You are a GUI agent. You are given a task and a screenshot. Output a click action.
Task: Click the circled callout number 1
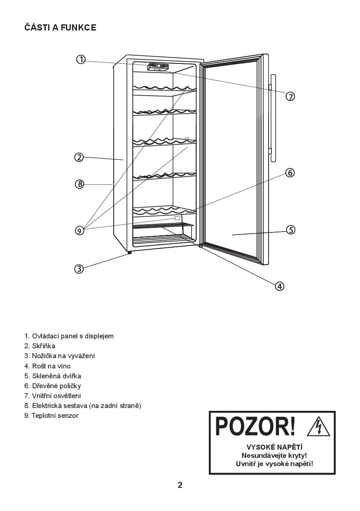[81, 59]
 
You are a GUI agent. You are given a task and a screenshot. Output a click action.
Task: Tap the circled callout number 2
[79, 157]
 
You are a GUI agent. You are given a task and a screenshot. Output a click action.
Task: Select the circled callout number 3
[79, 269]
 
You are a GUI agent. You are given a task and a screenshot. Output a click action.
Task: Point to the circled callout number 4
[279, 286]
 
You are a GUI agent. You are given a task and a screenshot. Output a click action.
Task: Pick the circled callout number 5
[291, 230]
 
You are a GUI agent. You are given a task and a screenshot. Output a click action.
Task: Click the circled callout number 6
[290, 173]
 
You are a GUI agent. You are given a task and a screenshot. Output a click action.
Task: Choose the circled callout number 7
[290, 96]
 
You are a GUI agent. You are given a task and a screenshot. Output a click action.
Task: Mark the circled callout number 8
[79, 184]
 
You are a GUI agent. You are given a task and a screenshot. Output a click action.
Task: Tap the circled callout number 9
[79, 230]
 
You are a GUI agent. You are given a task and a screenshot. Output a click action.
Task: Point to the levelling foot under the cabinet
[129, 253]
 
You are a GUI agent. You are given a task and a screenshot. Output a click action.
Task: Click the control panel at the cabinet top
[158, 67]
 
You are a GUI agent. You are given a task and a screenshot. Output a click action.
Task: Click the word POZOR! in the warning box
[255, 427]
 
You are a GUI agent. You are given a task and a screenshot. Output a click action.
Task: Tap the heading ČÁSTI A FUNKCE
[60, 28]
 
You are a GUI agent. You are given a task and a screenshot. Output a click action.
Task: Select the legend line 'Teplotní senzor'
[51, 415]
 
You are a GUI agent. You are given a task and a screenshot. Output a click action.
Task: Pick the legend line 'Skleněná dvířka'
[52, 376]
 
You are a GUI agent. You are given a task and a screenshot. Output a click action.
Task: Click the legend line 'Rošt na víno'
[47, 366]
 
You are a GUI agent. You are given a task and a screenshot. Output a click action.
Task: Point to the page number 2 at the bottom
[180, 485]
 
